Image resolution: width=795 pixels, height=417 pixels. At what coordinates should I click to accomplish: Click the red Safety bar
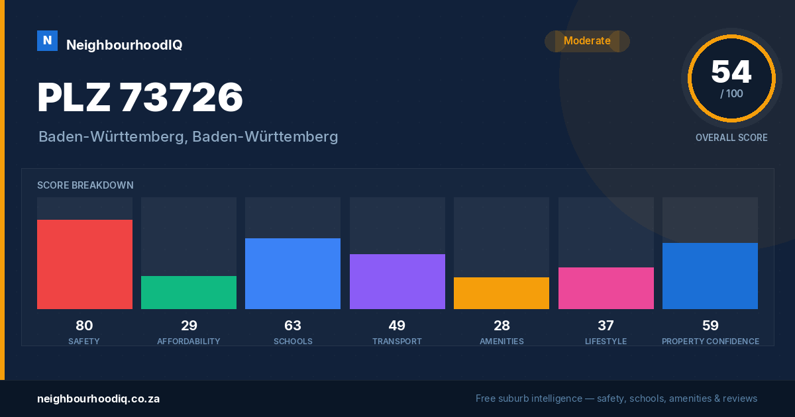coord(85,264)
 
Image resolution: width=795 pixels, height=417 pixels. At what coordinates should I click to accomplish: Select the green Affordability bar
coord(189,293)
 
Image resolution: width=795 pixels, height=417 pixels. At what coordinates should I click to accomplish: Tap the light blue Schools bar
coord(293,274)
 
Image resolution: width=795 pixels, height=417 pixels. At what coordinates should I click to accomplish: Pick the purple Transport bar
coord(397,281)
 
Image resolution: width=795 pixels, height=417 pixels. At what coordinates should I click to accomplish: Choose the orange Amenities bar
coord(502,293)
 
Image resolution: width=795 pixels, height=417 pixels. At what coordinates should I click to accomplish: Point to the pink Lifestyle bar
coord(606,289)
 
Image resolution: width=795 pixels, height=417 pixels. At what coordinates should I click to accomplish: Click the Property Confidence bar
coord(710,276)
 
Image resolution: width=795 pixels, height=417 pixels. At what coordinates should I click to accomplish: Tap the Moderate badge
coord(588,41)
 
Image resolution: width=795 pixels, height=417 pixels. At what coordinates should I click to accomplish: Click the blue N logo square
coord(47,41)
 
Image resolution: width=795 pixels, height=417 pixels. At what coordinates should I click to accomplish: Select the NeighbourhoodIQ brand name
coord(125,45)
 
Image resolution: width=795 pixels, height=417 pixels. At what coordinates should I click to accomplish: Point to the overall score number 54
coord(731,72)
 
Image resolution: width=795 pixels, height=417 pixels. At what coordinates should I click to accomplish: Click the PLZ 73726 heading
coord(140,97)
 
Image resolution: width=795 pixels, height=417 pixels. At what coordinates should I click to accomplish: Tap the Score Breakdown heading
coord(85,185)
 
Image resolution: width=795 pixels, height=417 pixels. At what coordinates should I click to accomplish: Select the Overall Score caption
coord(731,138)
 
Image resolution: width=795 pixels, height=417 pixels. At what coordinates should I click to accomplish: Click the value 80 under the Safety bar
coord(85,326)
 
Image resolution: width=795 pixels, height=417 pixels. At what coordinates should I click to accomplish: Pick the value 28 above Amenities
coord(502,326)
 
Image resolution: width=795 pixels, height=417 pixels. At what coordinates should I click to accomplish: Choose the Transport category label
coord(397,342)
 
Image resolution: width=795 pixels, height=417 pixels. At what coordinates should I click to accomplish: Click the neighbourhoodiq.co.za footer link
coord(98,399)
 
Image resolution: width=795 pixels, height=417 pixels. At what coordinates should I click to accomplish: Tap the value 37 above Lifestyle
coord(606,326)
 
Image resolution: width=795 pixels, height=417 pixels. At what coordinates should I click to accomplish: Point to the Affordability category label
coord(189,342)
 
